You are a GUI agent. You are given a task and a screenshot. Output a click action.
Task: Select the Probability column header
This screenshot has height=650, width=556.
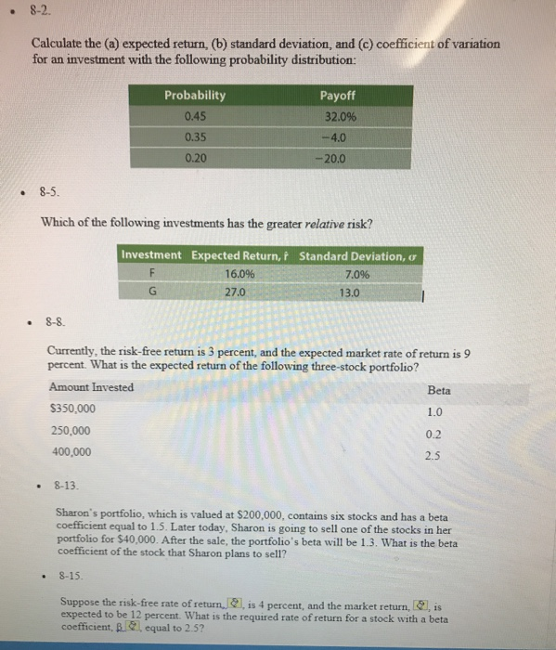(195, 96)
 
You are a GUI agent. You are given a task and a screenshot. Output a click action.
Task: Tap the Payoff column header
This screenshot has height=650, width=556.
(337, 96)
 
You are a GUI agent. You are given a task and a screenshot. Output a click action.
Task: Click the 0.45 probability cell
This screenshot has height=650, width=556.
(195, 116)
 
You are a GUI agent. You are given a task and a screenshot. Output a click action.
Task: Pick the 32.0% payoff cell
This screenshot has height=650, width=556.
(337, 116)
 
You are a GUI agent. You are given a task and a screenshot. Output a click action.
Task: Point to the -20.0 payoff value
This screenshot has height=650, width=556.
(336, 157)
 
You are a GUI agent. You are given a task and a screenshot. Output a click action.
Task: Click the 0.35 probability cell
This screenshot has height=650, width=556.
(195, 136)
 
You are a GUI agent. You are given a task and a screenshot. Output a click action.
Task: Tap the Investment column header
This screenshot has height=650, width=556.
(152, 255)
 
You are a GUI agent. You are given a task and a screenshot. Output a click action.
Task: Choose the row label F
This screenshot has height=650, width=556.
(153, 274)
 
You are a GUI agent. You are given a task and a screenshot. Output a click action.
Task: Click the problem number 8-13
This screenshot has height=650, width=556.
(69, 486)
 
